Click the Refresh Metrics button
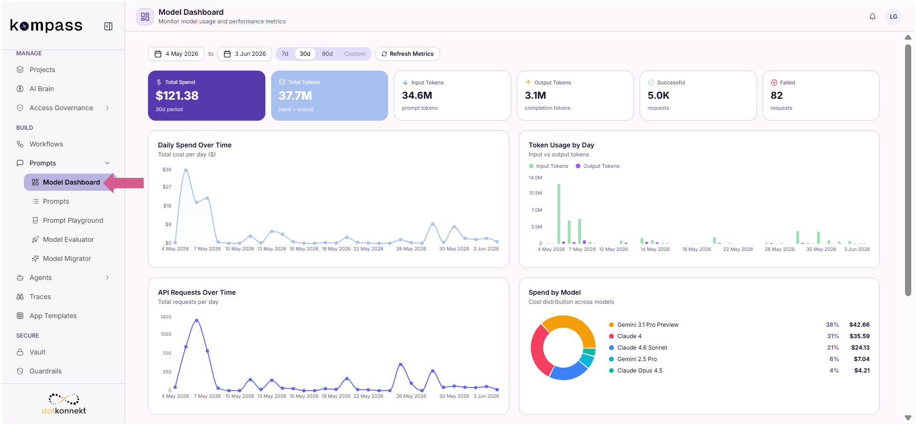click(408, 54)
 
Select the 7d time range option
click(285, 54)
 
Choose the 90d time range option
click(327, 54)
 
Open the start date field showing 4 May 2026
click(176, 54)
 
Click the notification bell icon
click(873, 17)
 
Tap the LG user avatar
click(894, 17)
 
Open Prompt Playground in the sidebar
click(73, 220)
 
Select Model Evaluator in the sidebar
click(68, 239)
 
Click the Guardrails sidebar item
click(46, 371)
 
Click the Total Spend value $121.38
click(177, 95)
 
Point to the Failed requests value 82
click(777, 95)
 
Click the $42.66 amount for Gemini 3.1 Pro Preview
click(859, 325)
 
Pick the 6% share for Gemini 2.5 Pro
click(834, 359)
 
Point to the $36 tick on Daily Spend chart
click(167, 169)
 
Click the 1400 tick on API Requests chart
click(166, 317)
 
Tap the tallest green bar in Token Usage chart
click(559, 214)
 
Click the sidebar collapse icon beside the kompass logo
click(108, 26)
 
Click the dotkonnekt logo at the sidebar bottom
click(64, 404)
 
